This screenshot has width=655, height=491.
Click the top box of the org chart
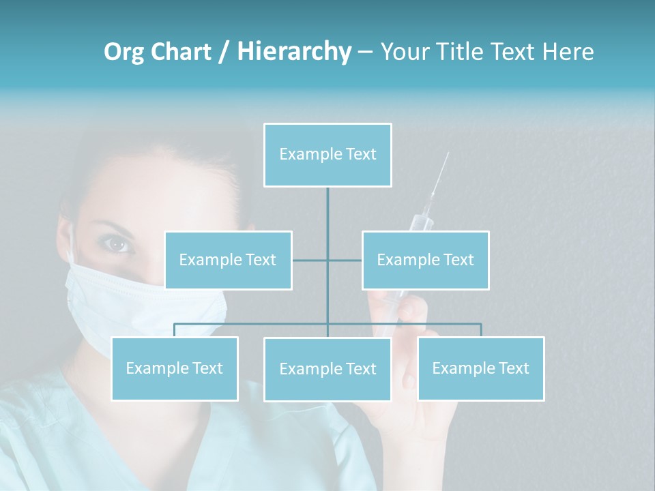[x=327, y=155]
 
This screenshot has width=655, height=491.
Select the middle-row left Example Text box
[x=228, y=260]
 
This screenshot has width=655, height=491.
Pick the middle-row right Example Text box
[x=425, y=260]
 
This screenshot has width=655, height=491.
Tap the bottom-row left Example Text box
[x=175, y=368]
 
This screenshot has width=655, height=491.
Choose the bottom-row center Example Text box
[x=327, y=369]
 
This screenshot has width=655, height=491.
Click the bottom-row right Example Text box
[x=480, y=368]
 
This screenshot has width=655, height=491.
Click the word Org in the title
[x=124, y=52]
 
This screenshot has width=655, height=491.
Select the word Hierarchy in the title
[x=294, y=52]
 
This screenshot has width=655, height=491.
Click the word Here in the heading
[x=568, y=52]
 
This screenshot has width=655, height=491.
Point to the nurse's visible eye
[x=118, y=243]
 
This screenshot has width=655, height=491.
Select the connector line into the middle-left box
[x=309, y=260]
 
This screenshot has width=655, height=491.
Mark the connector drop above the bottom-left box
[x=175, y=330]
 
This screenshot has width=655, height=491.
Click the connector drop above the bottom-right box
[x=480, y=330]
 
